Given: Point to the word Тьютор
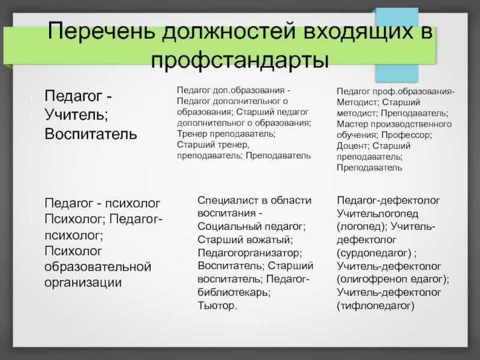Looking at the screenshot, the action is [x=217, y=305].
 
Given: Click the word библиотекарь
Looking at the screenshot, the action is [x=234, y=292].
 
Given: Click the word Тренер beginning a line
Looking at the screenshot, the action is [x=192, y=134].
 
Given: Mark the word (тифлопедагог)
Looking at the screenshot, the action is [x=376, y=305].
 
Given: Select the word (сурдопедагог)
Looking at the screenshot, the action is [x=374, y=253].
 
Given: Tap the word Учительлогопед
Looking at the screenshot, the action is [x=377, y=214].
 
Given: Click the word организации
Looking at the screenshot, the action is [x=83, y=283].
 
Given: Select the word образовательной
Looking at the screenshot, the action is [x=98, y=266].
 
